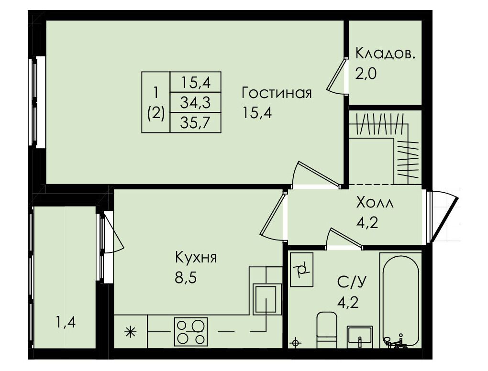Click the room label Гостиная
click(x=277, y=93)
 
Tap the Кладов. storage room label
click(x=385, y=54)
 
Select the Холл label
click(x=375, y=203)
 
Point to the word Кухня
click(x=196, y=258)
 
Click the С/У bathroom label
click(x=352, y=282)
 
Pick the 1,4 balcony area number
click(x=66, y=323)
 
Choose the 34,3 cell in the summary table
click(x=196, y=102)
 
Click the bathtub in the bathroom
click(x=400, y=300)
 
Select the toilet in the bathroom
click(x=327, y=329)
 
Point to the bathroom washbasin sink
click(x=360, y=337)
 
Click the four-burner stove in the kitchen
click(x=191, y=331)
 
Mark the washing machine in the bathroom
click(x=301, y=269)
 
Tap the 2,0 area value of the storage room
click(x=366, y=74)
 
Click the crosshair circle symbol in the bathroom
click(x=295, y=343)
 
